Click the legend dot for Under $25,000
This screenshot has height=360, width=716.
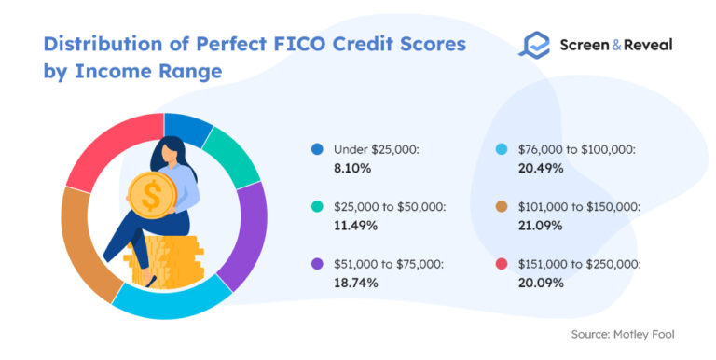[x=318, y=148]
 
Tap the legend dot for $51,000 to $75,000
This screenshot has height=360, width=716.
[x=318, y=265]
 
